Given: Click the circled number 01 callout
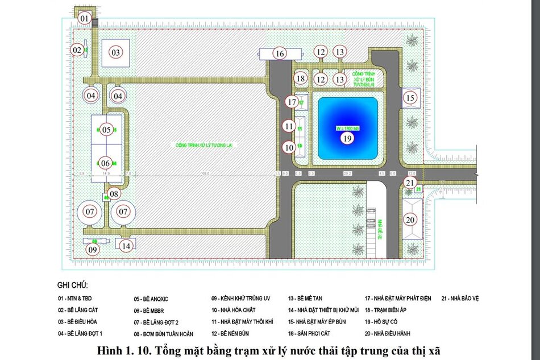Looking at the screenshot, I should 85,18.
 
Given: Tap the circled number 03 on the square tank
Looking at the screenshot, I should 115,53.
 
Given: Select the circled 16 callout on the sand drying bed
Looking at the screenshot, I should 279,53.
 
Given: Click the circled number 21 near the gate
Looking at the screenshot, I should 410,183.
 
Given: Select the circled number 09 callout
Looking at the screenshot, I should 92,249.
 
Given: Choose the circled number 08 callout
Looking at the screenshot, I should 114,194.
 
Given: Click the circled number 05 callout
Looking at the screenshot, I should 106,130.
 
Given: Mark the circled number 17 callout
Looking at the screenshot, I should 292,102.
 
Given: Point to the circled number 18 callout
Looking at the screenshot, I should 301,78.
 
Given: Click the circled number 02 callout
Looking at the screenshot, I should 77,50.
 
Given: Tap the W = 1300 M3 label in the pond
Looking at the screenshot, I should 347,129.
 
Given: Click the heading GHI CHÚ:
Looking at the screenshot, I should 72,285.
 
